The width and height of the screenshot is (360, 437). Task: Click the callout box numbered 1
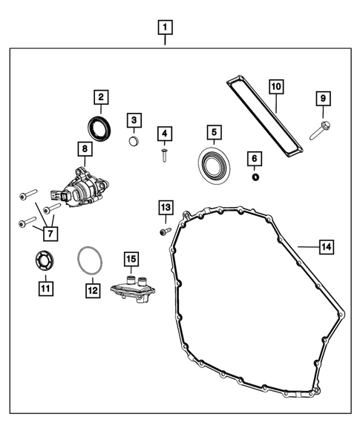(x=165, y=28)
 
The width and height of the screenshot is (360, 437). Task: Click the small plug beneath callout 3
(x=134, y=140)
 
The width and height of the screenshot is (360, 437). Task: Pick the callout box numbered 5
(x=213, y=133)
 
